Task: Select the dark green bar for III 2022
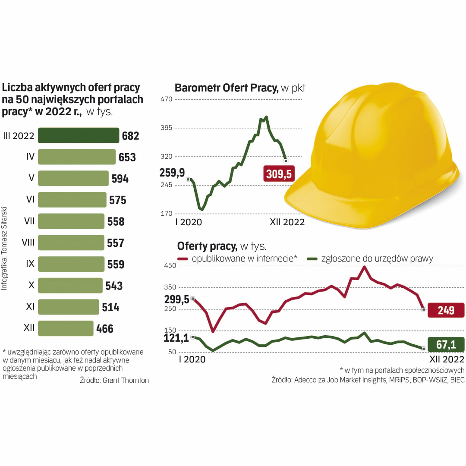pos(79,135)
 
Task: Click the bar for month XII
pos(66,328)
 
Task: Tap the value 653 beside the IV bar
pos(127,157)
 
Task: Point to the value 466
pos(105,329)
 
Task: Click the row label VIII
pos(28,243)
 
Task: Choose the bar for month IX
pos(71,264)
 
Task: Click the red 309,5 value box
pos(279,174)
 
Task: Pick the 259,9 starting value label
pos(172,173)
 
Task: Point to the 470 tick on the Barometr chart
pos(166,99)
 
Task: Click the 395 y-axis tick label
pos(166,128)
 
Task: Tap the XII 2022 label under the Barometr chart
pos(287,222)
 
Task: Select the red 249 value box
pos(446,310)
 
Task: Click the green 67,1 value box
pos(446,345)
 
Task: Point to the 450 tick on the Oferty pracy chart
pos(170,265)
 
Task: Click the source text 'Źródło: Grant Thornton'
pos(114,380)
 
